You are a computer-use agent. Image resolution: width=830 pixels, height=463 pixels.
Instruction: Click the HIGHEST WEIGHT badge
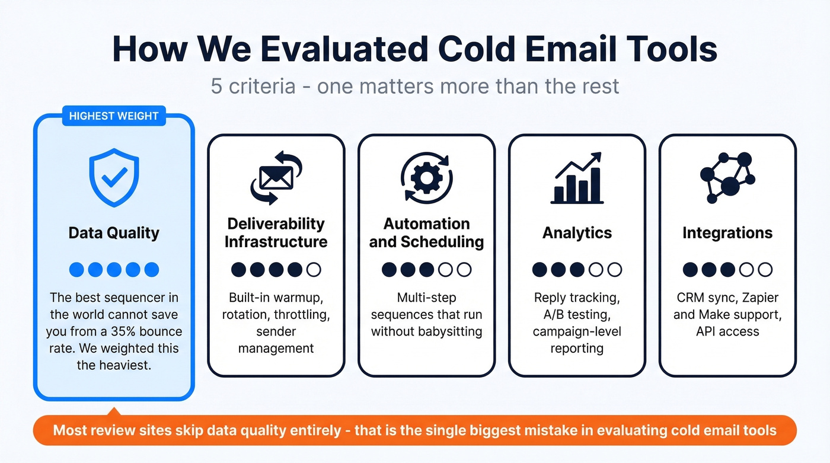coord(114,116)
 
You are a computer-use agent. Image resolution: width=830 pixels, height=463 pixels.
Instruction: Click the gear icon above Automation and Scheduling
coord(426,177)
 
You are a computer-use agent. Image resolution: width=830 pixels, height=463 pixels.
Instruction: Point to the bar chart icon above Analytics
coord(577,178)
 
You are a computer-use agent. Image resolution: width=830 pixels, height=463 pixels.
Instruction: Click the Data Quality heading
coord(114,232)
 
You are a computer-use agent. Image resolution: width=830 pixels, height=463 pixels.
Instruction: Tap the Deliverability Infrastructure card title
coord(276,232)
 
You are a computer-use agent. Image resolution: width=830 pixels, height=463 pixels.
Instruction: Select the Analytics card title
coord(577,232)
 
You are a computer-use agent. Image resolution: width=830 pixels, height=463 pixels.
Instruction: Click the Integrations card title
coord(727,232)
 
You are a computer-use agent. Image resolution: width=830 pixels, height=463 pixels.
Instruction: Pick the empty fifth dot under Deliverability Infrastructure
coord(314,270)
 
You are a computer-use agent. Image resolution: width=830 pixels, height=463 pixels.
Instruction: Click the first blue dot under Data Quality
coord(76,270)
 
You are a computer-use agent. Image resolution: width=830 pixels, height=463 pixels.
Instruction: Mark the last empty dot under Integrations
coord(765,270)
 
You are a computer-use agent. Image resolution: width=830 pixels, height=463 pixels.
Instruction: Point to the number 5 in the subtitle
coord(217,86)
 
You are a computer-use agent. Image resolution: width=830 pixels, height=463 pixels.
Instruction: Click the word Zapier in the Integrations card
coord(757,298)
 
